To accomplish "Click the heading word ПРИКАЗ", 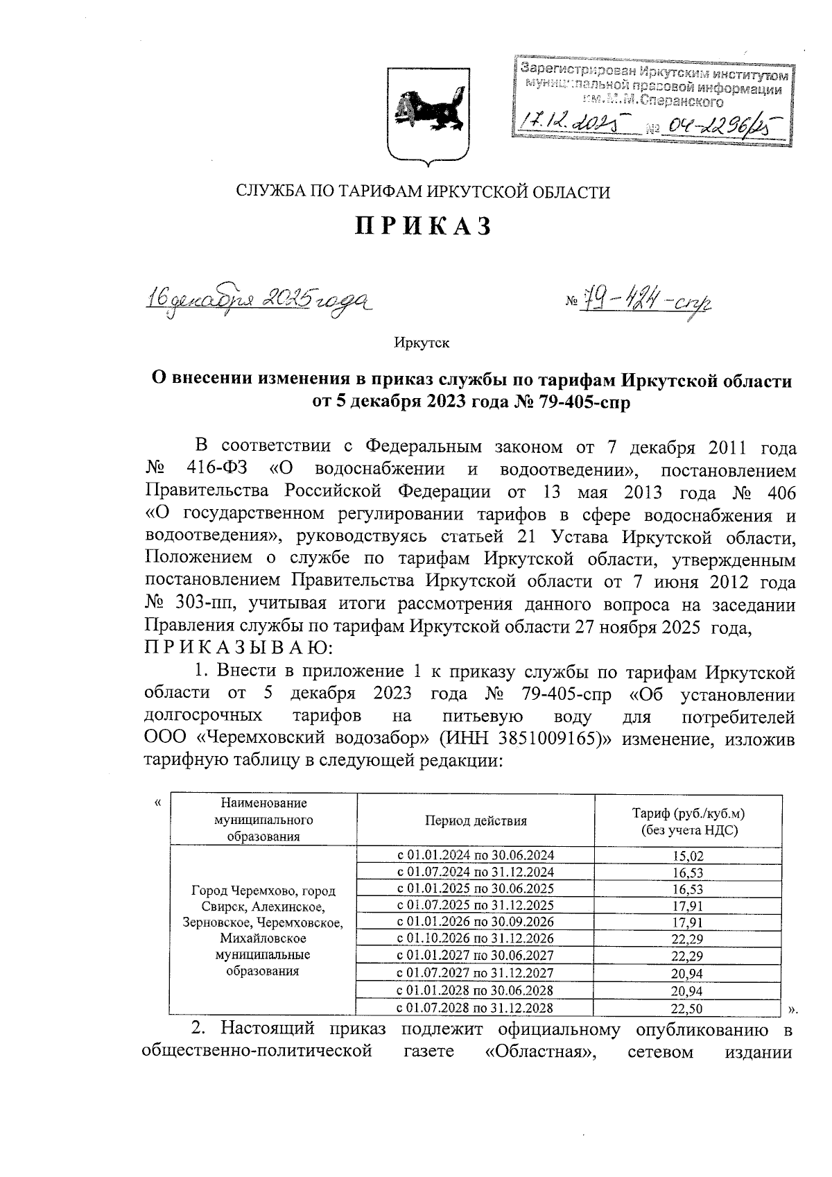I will [x=424, y=227].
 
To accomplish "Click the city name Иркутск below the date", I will [x=422, y=343].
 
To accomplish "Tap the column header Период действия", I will [x=476, y=821].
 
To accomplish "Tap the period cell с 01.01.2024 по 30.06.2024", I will [x=475, y=855].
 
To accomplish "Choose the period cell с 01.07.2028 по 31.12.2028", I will [x=475, y=1008].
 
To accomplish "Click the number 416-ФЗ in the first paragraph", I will [x=215, y=469].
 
